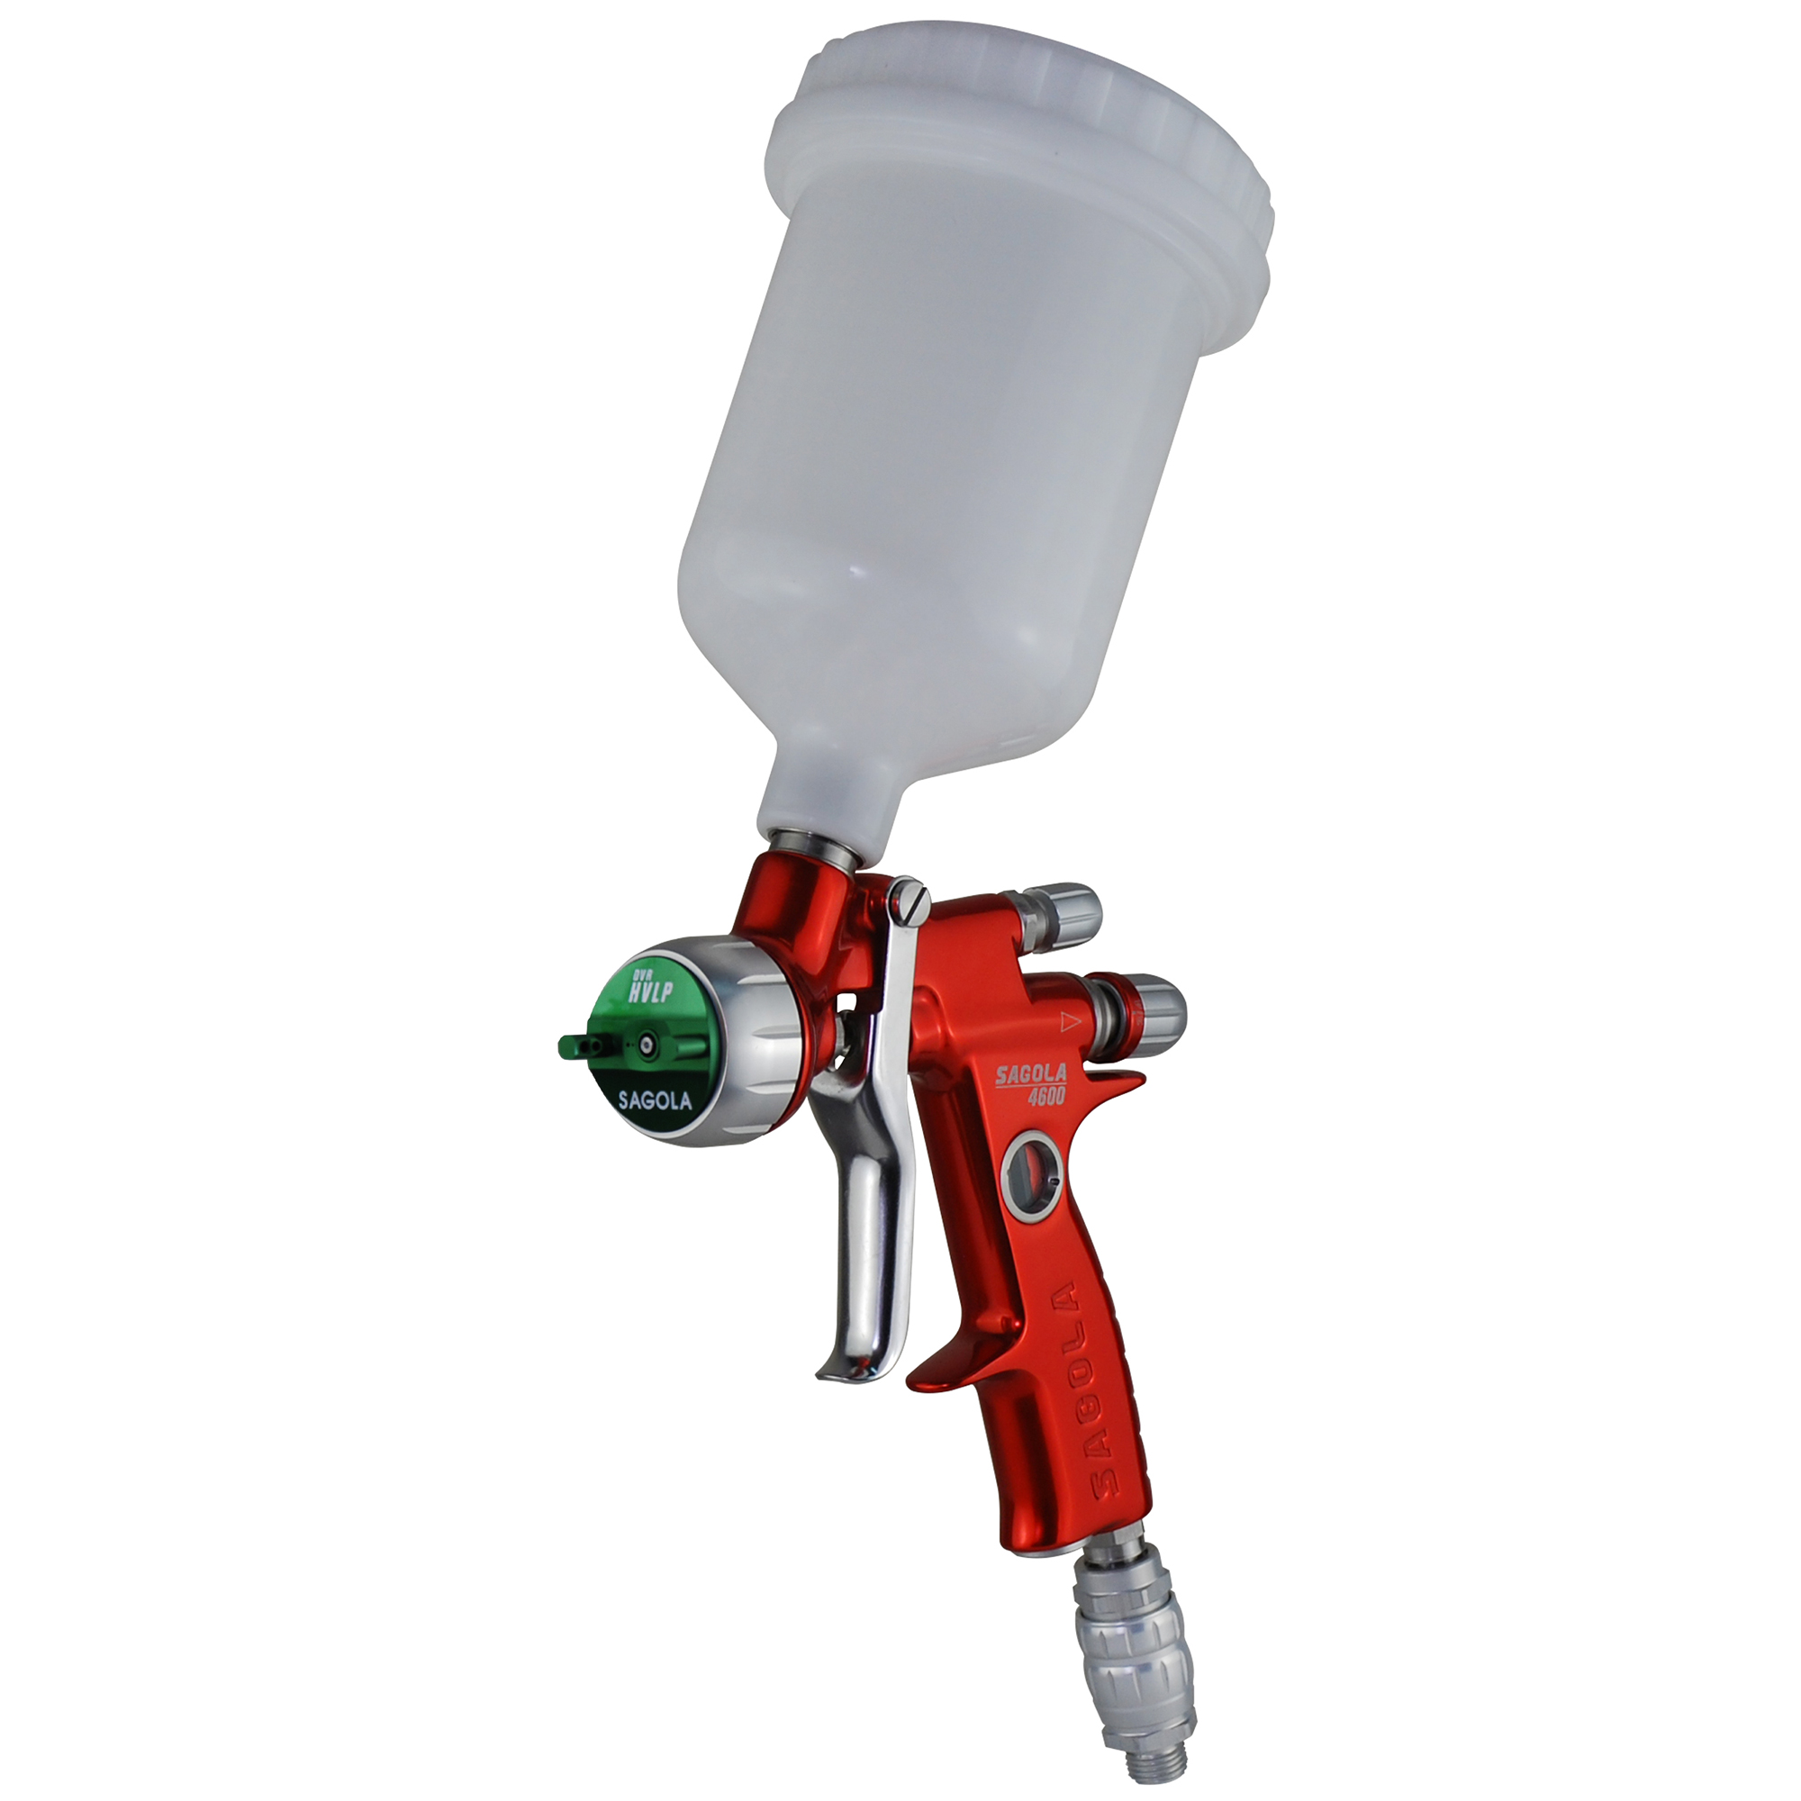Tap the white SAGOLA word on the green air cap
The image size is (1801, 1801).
(x=656, y=1100)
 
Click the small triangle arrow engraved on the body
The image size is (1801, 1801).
(x=1069, y=1020)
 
